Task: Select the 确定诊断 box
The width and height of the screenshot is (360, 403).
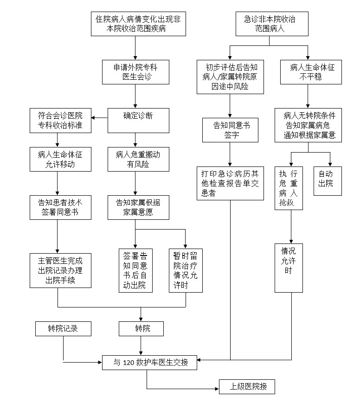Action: [x=135, y=121]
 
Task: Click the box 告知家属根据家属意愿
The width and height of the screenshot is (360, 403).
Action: [x=135, y=207]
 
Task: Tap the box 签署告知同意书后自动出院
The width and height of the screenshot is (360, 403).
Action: [x=135, y=270]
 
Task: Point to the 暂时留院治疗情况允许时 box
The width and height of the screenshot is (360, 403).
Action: [x=185, y=270]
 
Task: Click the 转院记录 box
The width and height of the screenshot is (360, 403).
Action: [x=63, y=329]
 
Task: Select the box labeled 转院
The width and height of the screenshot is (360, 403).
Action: [x=142, y=329]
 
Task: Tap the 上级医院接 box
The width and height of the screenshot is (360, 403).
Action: [x=246, y=386]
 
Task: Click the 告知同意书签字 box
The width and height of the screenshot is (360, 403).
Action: [x=230, y=130]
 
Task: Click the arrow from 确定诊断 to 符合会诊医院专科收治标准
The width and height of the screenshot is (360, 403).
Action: [x=99, y=117]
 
